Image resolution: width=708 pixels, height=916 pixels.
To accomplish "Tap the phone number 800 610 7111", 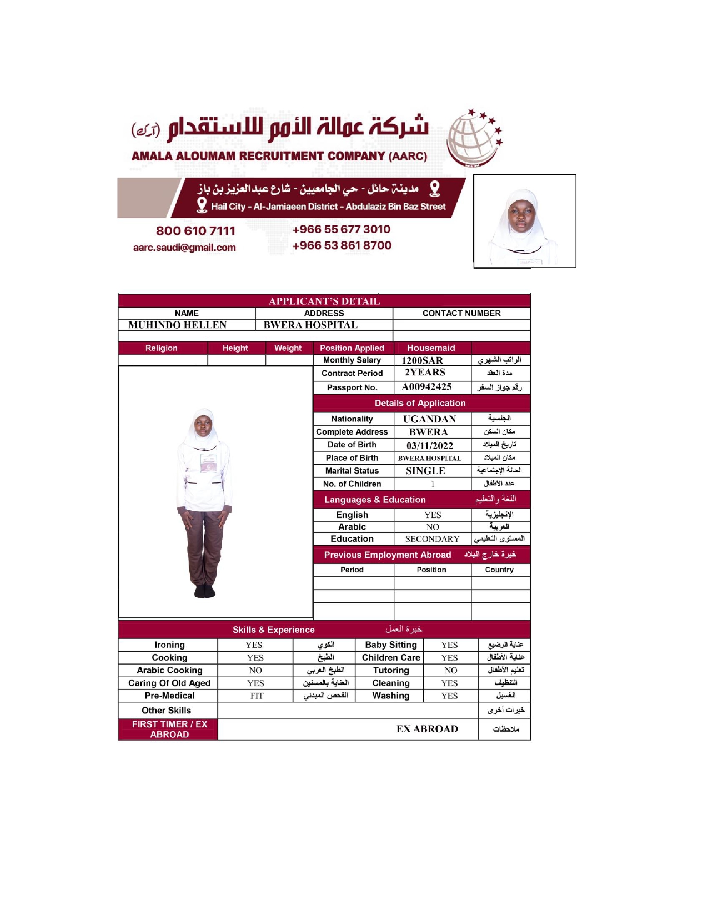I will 195,231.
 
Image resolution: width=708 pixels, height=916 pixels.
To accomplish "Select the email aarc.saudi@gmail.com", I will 184,248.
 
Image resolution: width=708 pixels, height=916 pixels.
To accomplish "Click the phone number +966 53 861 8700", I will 342,245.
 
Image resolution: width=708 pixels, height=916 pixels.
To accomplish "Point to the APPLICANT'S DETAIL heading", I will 324,301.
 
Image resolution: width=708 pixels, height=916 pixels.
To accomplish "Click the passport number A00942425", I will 426,387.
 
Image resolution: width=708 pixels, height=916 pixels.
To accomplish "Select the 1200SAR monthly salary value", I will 422,360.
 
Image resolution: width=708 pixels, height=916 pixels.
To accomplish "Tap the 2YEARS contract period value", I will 425,373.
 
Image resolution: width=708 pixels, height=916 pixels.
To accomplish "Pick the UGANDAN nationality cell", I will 429,419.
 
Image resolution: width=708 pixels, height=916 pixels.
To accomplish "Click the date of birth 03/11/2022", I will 429,445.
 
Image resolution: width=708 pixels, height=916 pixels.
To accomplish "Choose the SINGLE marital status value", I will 425,471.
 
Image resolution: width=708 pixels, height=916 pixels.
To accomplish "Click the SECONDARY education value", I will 432,539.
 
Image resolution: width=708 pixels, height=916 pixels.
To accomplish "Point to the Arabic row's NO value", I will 433,527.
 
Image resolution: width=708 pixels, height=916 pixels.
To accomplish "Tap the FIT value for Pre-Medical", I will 257,696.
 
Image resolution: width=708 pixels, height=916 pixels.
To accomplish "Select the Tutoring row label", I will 391,671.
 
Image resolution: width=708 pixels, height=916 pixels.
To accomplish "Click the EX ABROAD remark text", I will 427,729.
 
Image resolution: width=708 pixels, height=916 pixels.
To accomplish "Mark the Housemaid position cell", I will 431,348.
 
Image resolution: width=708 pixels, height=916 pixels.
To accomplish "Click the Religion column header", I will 162,348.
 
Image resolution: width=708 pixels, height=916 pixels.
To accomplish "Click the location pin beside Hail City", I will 202,205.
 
